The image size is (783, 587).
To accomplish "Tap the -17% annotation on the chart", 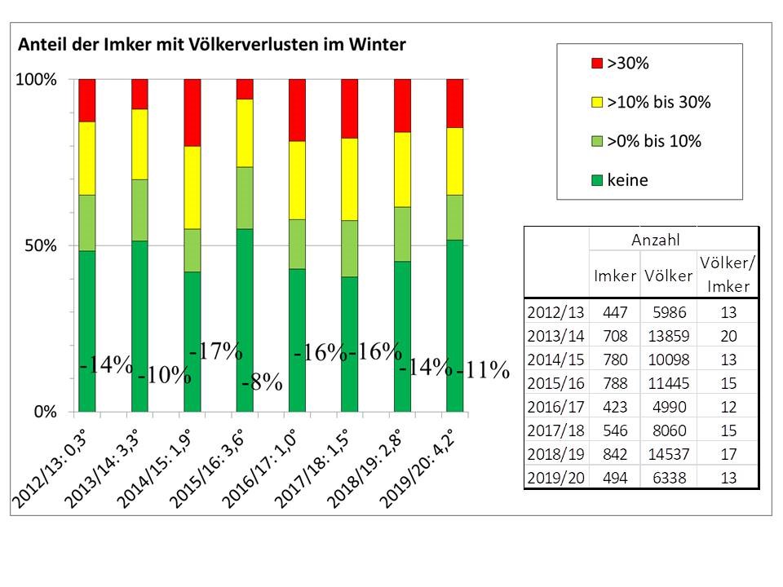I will click(215, 351).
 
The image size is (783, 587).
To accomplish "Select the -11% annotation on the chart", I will click(483, 371).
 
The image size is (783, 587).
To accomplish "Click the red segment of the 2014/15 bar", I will click(192, 113).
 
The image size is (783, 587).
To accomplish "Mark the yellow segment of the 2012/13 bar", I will click(87, 158).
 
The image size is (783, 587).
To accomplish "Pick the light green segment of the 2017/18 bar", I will click(350, 249).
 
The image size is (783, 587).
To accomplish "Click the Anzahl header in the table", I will click(655, 241).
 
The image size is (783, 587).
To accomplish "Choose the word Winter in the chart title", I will click(377, 46).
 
